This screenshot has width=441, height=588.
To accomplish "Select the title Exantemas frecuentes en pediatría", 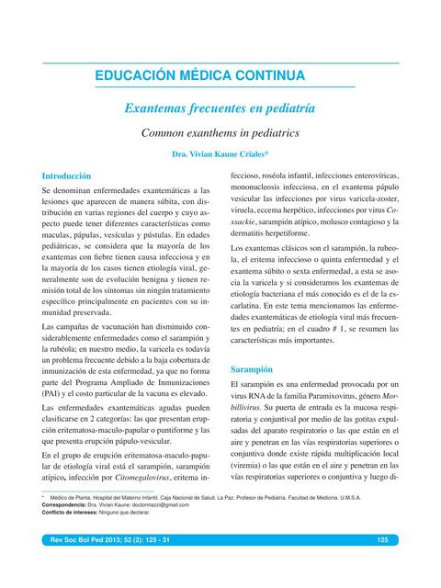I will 220,108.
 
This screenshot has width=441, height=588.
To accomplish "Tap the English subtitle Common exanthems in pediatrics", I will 220,133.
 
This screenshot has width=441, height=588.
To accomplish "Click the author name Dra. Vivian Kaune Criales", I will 220,155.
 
